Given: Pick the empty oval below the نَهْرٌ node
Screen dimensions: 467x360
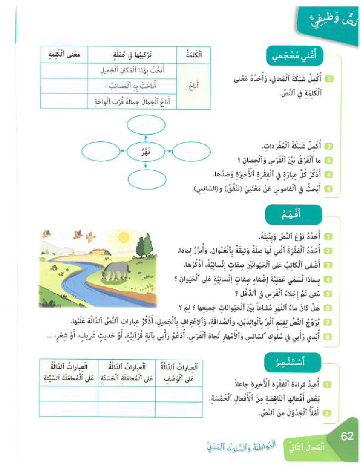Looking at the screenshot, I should point(146,177).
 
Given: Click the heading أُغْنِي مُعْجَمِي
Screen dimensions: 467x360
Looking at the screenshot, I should point(295,57).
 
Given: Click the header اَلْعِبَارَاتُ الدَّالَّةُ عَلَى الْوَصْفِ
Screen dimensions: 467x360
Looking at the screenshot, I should point(178,371).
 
